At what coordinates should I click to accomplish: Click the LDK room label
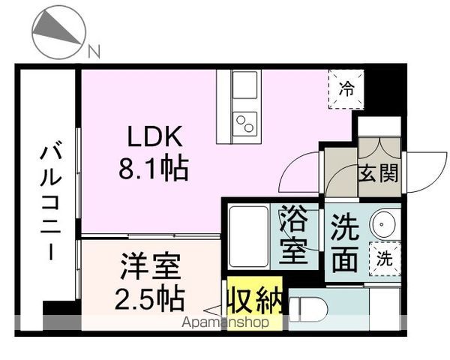154,137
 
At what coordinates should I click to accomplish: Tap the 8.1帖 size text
153,168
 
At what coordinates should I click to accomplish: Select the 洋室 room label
152,268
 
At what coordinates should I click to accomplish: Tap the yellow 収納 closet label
255,301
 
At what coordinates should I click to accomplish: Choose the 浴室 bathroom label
294,236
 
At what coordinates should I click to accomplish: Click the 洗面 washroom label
344,242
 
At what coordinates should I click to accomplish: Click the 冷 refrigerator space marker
346,89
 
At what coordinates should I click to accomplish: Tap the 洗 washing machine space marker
383,260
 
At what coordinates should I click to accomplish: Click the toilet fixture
307,307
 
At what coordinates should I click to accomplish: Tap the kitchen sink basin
244,85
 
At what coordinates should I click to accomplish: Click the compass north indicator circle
59,32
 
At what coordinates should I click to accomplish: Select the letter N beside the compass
93,52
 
